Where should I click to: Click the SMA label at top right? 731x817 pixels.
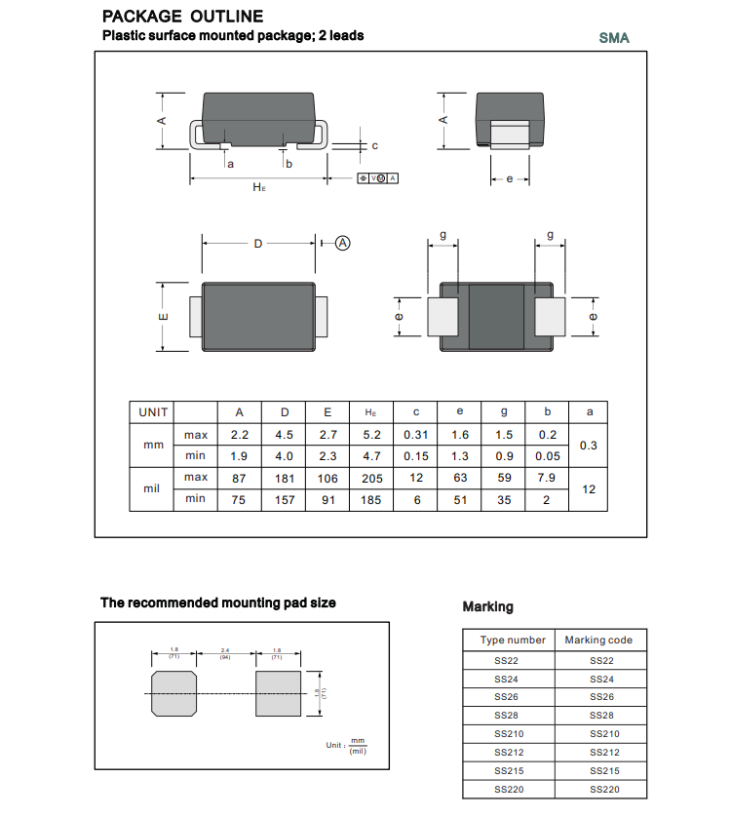pyautogui.click(x=614, y=38)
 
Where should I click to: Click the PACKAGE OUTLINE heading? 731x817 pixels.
pyautogui.click(x=182, y=17)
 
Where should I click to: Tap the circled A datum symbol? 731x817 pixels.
pyautogui.click(x=343, y=243)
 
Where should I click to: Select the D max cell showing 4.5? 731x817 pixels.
pyautogui.click(x=285, y=435)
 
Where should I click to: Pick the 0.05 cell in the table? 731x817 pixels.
pyautogui.click(x=549, y=456)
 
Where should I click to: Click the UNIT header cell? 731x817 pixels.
pyautogui.click(x=152, y=412)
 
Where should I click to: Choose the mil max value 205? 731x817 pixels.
pyautogui.click(x=371, y=478)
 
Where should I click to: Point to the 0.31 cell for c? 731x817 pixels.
pyautogui.click(x=416, y=435)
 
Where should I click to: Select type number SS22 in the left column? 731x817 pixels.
pyautogui.click(x=507, y=660)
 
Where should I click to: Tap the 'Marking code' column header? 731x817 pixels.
pyautogui.click(x=598, y=640)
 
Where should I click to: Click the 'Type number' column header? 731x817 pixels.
pyautogui.click(x=513, y=640)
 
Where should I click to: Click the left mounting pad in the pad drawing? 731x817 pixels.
pyautogui.click(x=173, y=692)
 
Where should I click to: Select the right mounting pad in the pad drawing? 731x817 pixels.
pyautogui.click(x=277, y=692)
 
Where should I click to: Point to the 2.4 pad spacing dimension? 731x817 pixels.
pyautogui.click(x=225, y=651)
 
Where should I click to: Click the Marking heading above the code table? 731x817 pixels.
pyautogui.click(x=487, y=606)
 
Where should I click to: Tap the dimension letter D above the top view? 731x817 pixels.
pyautogui.click(x=258, y=243)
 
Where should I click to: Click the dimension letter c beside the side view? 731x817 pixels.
pyautogui.click(x=374, y=145)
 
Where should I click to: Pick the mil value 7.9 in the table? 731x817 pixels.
pyautogui.click(x=549, y=478)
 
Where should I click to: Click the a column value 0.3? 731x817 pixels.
pyautogui.click(x=589, y=446)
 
